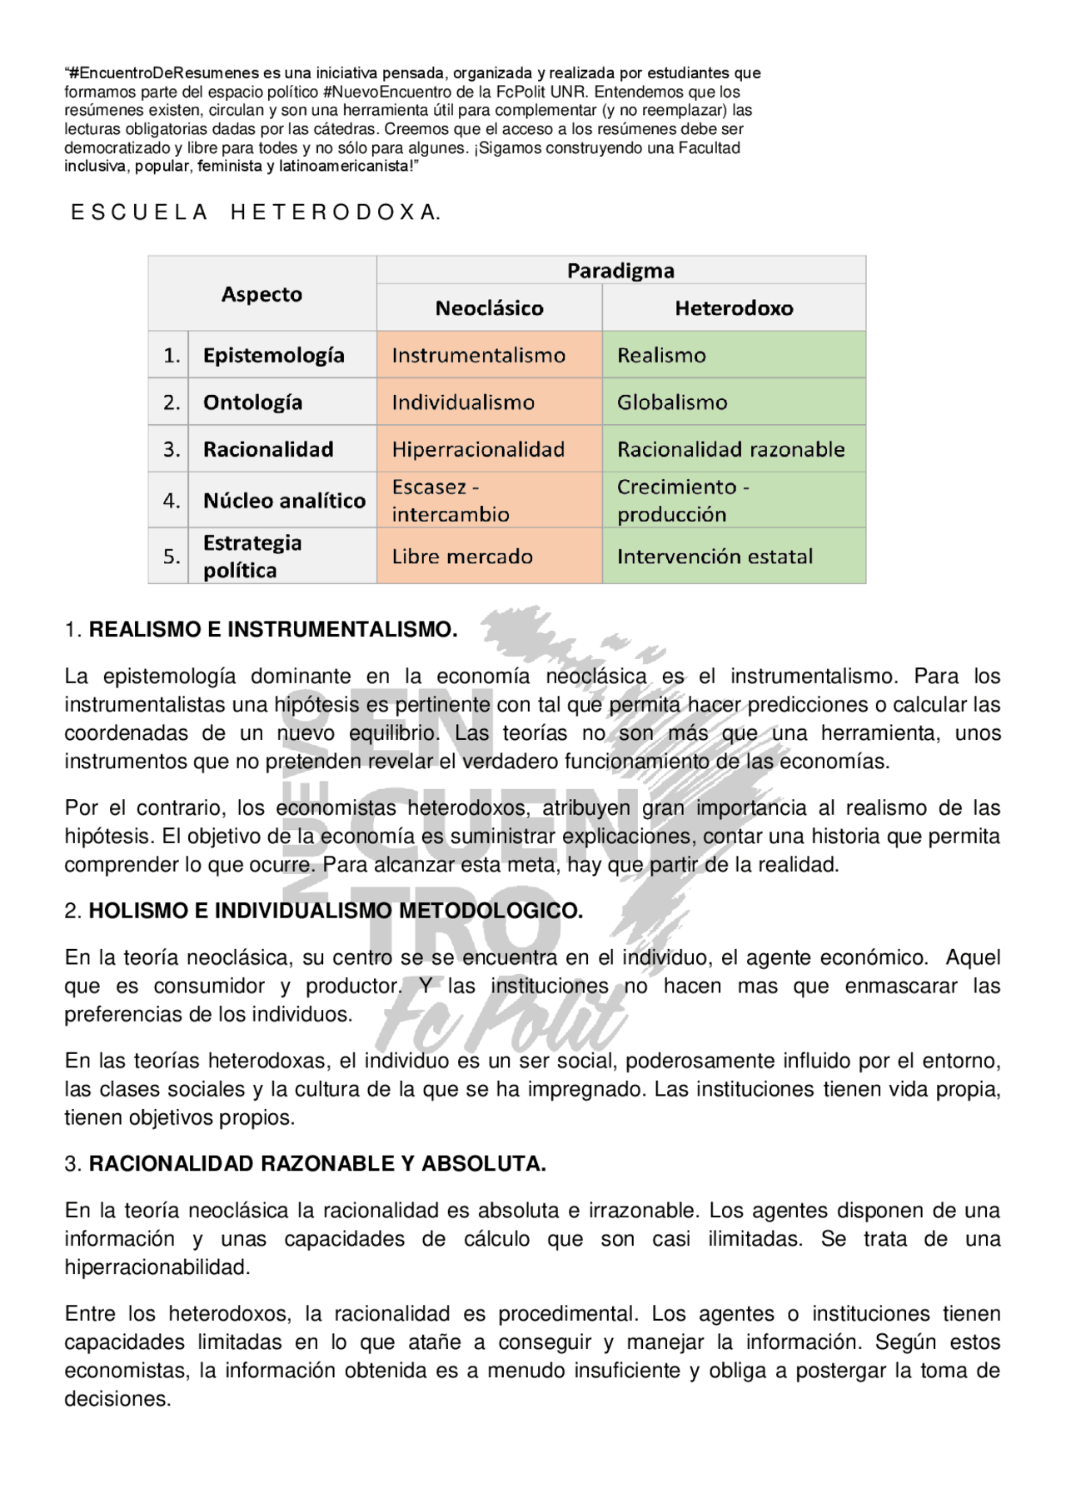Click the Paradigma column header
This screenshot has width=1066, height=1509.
point(620,271)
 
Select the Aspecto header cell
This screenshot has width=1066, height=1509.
point(262,294)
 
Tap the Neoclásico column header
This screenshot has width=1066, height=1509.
point(489,308)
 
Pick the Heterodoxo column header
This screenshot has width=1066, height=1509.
point(734,308)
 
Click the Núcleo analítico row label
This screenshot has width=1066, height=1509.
point(284,501)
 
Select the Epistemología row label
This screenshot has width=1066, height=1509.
point(273,356)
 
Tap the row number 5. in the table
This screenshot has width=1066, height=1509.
point(171,557)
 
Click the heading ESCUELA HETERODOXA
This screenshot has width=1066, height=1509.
point(256,213)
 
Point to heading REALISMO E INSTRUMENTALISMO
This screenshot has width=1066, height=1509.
point(272,630)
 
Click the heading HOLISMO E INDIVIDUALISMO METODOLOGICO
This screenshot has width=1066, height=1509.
point(335,911)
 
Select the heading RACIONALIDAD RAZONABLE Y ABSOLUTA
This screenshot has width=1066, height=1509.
point(316,1164)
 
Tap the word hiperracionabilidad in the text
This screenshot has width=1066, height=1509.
point(157,1267)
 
